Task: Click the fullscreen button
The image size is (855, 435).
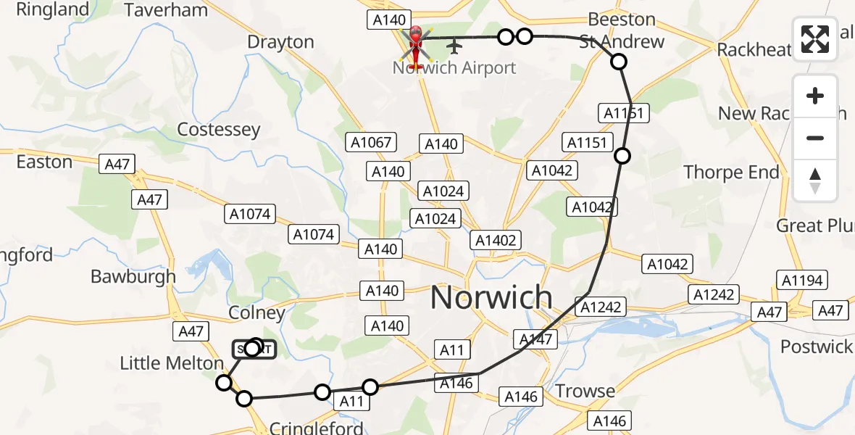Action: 815,39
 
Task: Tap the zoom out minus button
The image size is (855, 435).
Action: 815,138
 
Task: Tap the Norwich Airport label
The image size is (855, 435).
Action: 454,68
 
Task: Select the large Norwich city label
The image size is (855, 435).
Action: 491,298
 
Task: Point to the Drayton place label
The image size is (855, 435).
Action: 280,42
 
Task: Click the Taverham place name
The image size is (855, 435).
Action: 166,10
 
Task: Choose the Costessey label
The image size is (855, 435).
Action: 218,130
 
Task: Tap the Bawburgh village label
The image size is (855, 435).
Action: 133,276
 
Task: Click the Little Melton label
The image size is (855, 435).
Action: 172,363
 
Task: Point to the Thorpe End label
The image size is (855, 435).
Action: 732,173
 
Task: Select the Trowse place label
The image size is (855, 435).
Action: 585,391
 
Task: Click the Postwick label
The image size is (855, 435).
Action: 817,347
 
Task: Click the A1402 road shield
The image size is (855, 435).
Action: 495,240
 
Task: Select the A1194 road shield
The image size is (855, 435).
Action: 801,280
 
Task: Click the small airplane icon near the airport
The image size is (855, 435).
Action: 454,46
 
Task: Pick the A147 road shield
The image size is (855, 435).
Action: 536,339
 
